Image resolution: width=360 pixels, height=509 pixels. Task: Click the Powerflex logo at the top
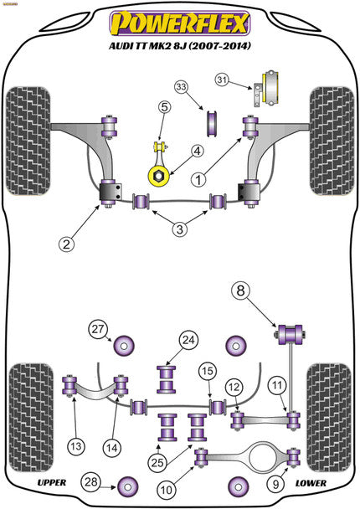pos(179,20)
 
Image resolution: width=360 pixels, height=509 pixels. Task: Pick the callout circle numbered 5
pos(165,107)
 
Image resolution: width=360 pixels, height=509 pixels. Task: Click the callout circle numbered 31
pos(244,80)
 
